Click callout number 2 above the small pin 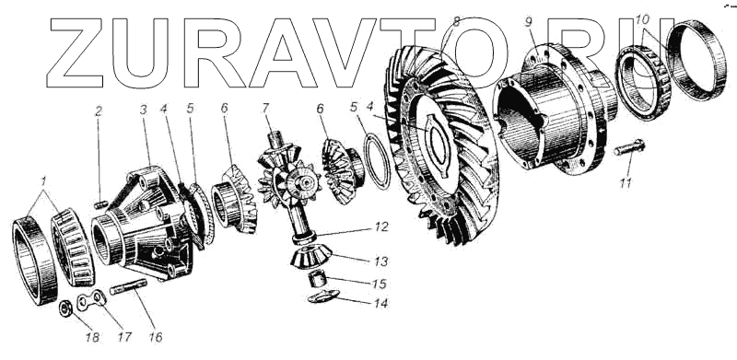coord(99,111)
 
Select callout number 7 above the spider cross coord(265,108)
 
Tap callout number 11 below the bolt coord(626,183)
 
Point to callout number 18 coord(93,337)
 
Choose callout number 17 coord(124,337)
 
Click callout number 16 coord(156,337)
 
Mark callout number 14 coord(381,304)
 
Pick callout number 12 coord(381,227)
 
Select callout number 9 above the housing coord(529,21)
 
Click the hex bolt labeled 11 coord(630,147)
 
